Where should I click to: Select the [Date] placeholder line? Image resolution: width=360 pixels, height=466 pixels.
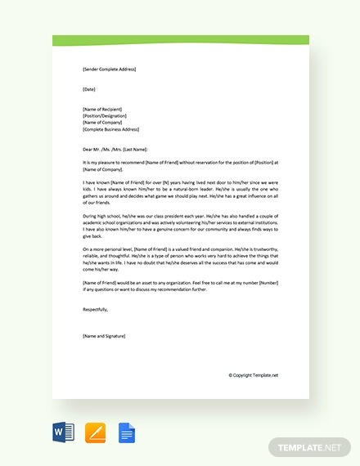coord(89,89)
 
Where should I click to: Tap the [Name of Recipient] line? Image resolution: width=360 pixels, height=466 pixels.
coord(104,109)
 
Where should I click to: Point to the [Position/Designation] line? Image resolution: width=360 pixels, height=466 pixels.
coord(105,115)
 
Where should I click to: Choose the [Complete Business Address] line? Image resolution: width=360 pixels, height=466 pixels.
coord(110,129)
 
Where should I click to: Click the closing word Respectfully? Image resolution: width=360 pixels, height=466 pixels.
coord(95,309)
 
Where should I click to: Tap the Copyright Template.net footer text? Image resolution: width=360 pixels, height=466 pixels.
coord(254,375)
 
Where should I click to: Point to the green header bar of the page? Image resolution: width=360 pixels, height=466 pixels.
coord(180,40)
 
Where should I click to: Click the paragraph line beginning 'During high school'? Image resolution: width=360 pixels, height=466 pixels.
coord(179,216)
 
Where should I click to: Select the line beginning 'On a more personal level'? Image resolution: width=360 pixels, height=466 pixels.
coord(179,249)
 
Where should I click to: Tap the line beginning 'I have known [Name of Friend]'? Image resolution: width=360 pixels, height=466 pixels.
coord(179,183)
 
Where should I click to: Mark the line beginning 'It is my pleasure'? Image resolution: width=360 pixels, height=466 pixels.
coord(179,163)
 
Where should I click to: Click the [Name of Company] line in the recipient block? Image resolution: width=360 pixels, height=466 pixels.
coord(103,122)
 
